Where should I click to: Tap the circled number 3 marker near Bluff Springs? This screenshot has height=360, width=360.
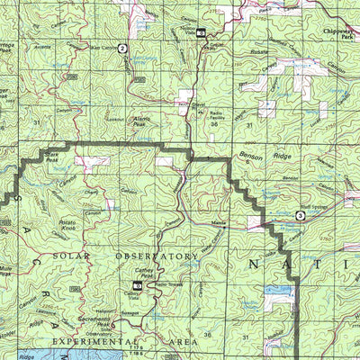(x=300, y=215)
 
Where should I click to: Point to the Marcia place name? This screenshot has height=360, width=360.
(x=218, y=222)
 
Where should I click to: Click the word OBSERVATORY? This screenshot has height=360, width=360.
(x=157, y=256)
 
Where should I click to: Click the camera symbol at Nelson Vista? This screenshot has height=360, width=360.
(x=201, y=33)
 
